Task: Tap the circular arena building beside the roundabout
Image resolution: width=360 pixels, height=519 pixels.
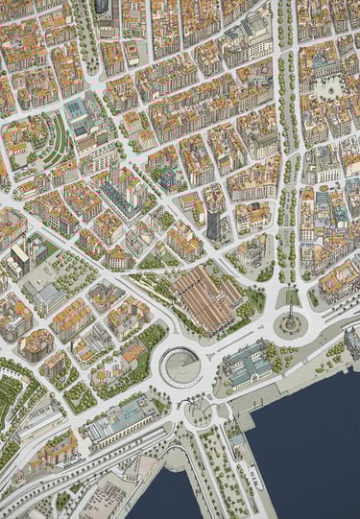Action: tap(180, 366)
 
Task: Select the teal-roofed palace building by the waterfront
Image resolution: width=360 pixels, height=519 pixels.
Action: tap(248, 363)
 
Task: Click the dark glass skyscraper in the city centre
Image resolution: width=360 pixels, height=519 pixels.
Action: tap(212, 222)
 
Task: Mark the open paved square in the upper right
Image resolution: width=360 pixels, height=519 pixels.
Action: tap(332, 87)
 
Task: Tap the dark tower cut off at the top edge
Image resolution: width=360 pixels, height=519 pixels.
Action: tap(102, 6)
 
